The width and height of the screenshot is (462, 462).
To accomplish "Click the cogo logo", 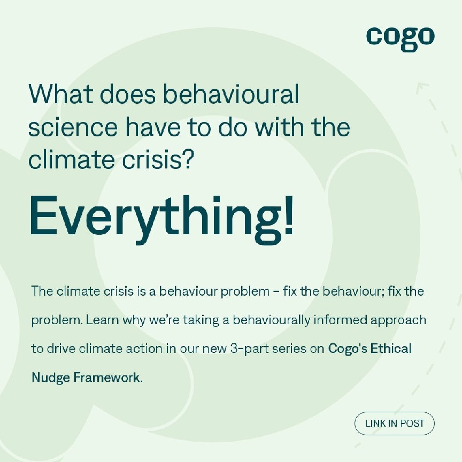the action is click(x=400, y=39).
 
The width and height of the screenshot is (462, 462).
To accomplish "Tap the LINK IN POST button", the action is click(x=395, y=423).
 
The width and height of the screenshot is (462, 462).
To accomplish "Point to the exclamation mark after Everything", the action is click(x=289, y=215).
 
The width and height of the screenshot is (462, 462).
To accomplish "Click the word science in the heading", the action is click(x=73, y=127).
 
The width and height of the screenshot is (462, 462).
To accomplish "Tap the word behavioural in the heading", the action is click(x=231, y=94).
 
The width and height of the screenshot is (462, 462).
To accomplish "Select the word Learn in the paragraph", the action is click(x=103, y=320).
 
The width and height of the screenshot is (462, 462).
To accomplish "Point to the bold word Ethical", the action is click(x=391, y=349).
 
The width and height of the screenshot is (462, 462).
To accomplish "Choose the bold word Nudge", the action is click(x=51, y=378).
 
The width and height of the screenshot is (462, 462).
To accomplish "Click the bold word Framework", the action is click(x=106, y=378).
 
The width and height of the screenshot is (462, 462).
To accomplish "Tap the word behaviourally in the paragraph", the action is click(x=271, y=320).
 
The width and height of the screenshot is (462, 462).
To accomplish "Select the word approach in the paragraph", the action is click(x=398, y=321).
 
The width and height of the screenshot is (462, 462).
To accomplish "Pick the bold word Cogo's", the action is click(x=348, y=349).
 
